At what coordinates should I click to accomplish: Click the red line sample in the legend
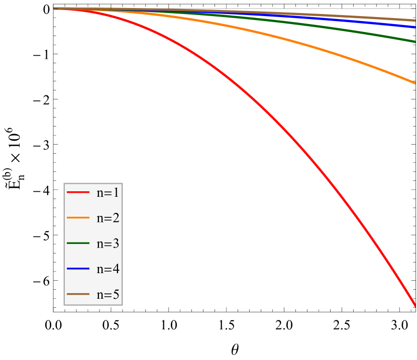coord(78,192)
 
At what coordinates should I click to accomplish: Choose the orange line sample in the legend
coord(78,218)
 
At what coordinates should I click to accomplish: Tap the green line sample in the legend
coord(78,244)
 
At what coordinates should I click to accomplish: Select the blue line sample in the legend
coord(78,269)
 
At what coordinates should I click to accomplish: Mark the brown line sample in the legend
coord(78,294)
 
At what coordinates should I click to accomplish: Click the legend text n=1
coord(108,192)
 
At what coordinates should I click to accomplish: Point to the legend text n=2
coord(108,218)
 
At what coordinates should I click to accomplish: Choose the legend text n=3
coord(108,244)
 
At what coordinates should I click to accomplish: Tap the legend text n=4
coord(108,269)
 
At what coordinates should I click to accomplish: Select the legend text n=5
coord(108,294)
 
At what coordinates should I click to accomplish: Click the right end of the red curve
coord(415,304)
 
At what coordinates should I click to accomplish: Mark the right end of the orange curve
coord(415,82)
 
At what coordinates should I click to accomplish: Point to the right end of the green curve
coord(415,41)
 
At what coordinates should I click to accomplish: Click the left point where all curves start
coord(55,9)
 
